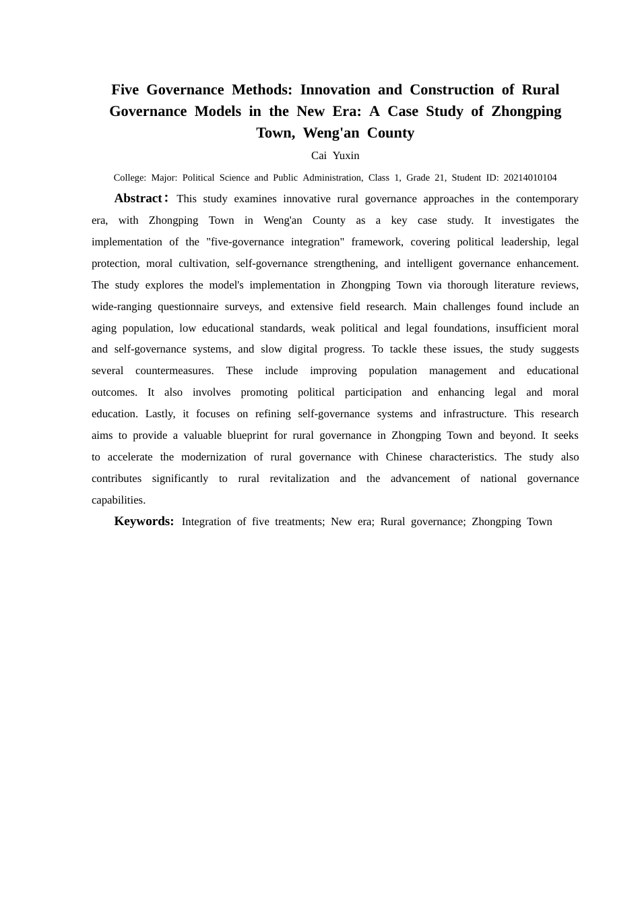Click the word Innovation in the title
335,90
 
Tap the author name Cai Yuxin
335,156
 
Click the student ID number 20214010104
530,178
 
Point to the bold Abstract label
138,198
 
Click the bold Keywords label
143,521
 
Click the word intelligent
428,264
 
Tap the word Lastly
160,414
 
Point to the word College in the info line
129,178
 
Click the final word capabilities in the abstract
118,500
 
